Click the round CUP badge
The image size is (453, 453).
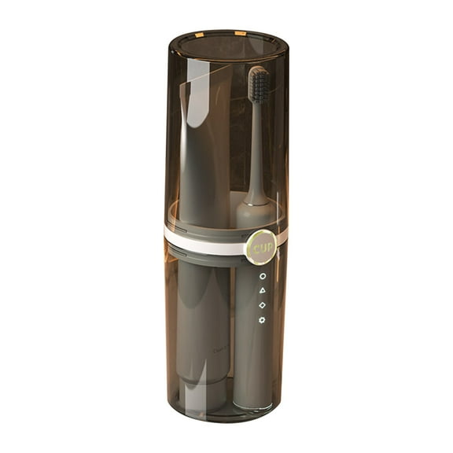(260, 246)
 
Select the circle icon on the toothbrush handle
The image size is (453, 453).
(262, 277)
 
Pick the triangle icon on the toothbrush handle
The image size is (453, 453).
(262, 291)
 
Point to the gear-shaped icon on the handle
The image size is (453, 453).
(262, 319)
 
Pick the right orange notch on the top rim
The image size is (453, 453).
(240, 33)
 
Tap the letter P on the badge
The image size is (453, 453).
(268, 247)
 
